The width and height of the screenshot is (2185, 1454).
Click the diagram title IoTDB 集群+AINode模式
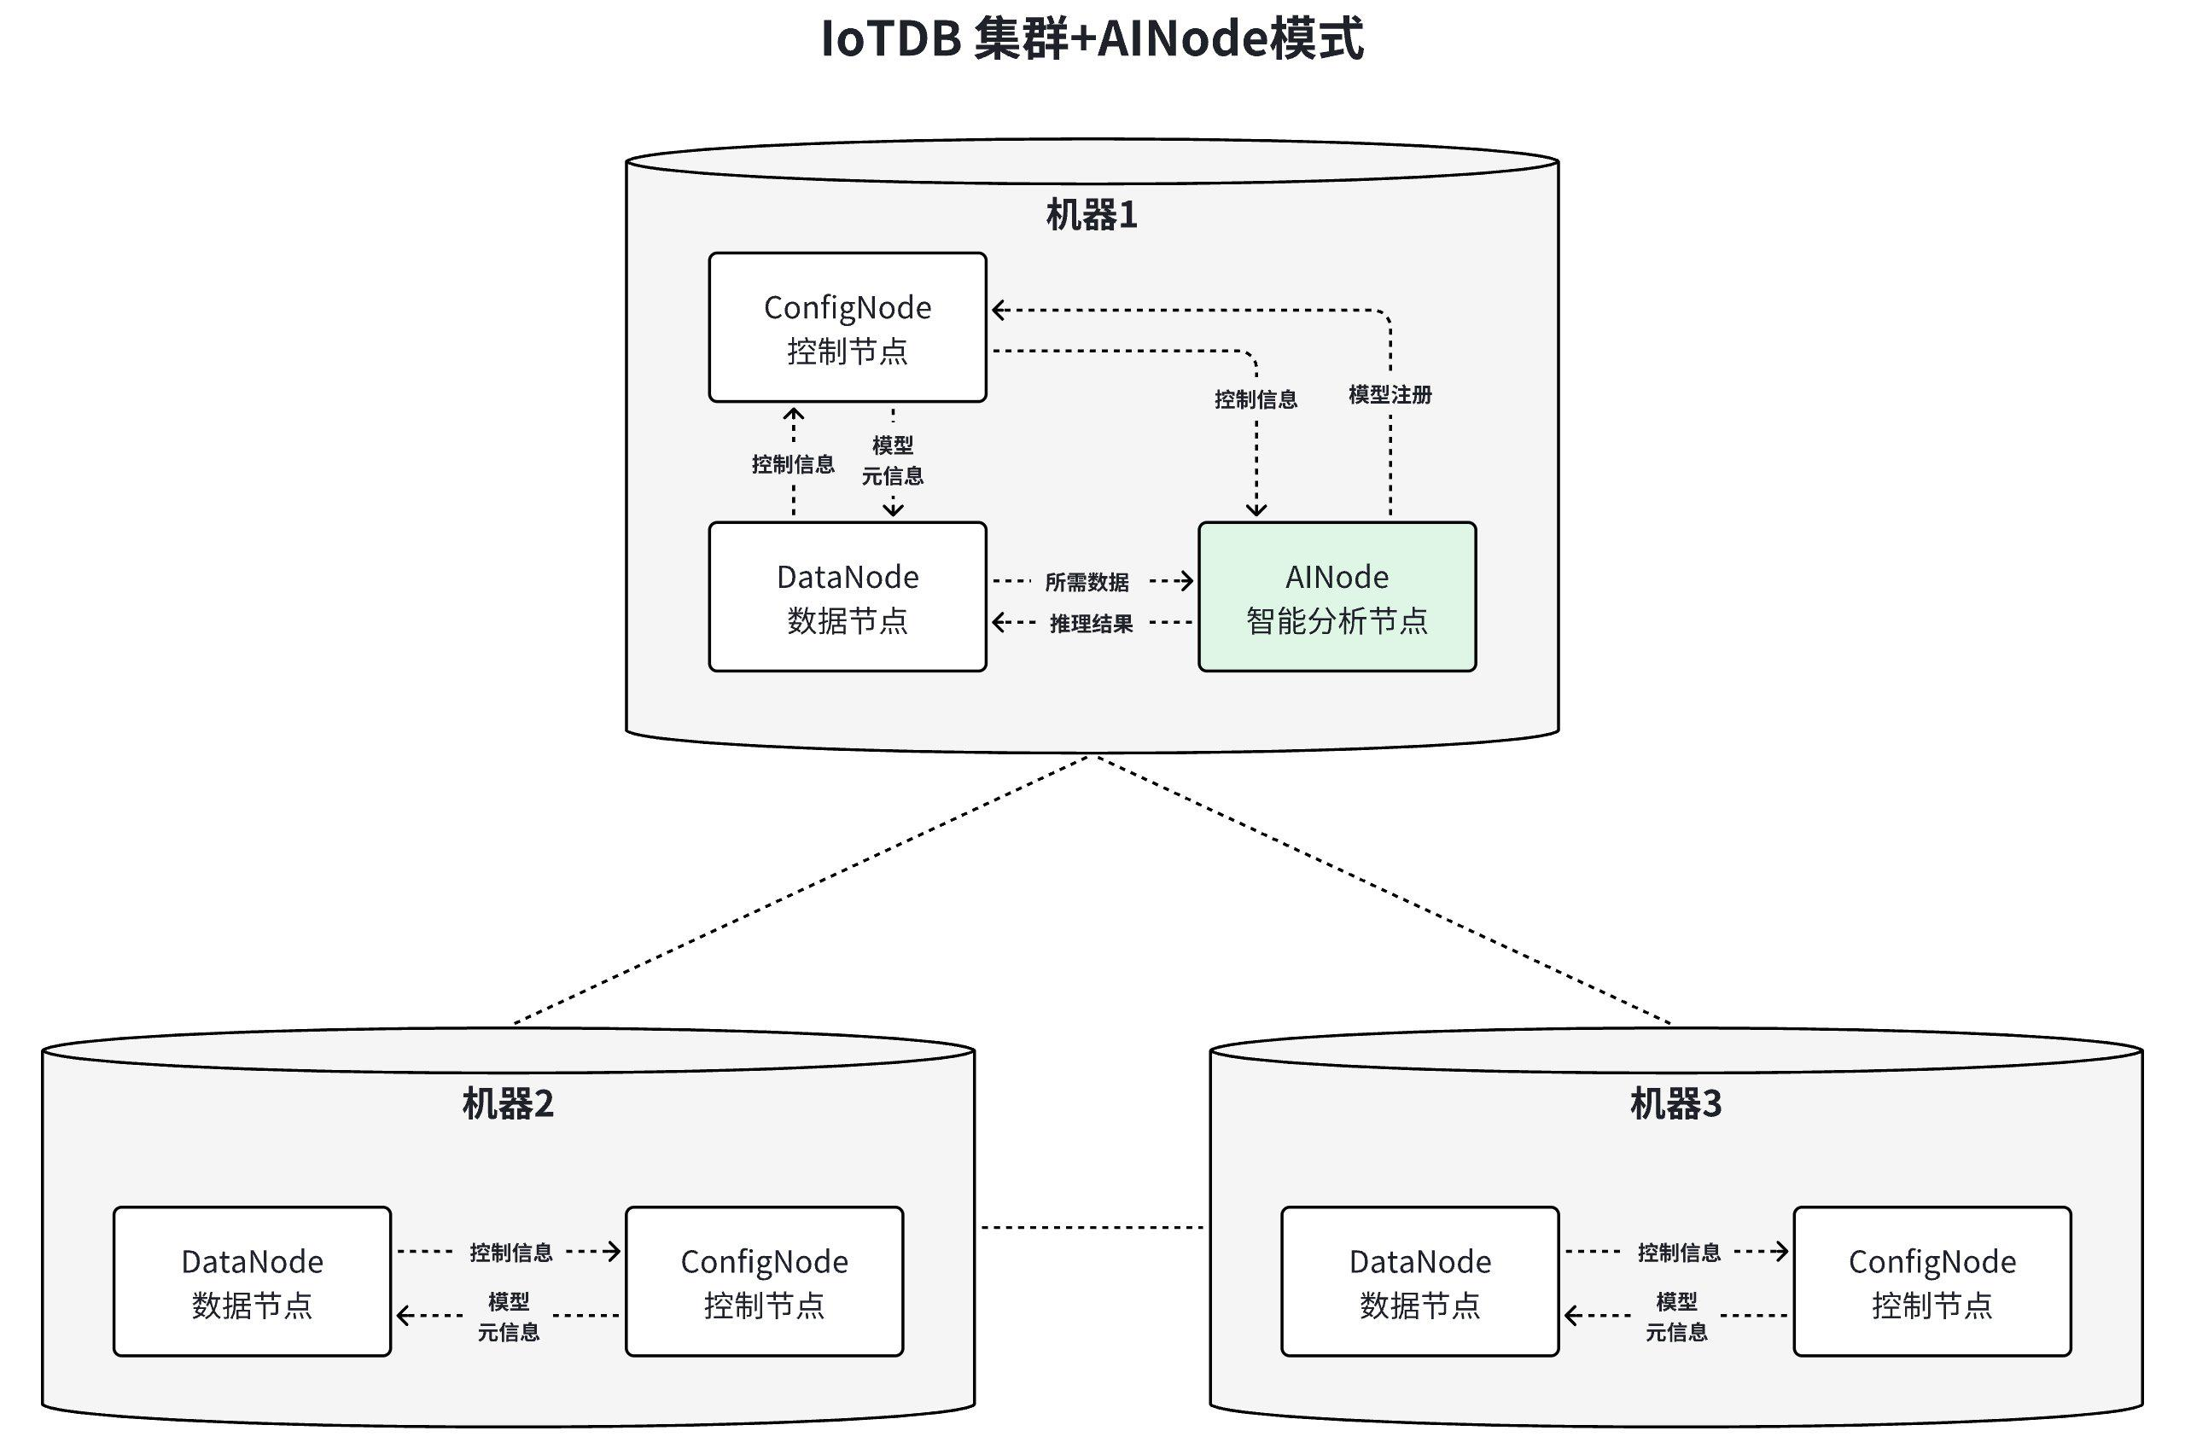coord(1092,40)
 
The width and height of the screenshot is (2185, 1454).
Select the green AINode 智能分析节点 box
coord(1337,597)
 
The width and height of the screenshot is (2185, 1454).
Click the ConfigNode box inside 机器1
coord(847,328)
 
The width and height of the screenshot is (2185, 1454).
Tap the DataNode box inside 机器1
coord(847,597)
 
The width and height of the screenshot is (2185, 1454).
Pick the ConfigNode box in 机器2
coord(763,1282)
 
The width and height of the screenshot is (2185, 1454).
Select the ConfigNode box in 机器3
coord(1931,1282)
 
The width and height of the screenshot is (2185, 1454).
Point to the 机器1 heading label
coord(1092,215)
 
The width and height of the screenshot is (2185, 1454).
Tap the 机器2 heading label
coord(507,1103)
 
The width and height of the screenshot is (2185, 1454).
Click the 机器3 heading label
coord(1675,1103)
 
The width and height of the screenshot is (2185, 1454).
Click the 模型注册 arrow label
coord(1390,395)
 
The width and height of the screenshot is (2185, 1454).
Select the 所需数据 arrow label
coord(1086,582)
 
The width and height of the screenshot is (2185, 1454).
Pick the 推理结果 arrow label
coord(1091,624)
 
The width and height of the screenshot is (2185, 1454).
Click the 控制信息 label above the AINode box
coord(1255,399)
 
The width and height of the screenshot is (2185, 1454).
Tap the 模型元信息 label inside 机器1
coord(892,461)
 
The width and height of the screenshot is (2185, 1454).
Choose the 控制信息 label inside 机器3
coord(1678,1253)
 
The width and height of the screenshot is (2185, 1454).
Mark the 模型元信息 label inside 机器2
coord(508,1317)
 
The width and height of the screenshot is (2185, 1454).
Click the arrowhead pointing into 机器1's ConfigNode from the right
coord(998,311)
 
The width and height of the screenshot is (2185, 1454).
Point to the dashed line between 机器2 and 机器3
coord(1092,1228)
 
